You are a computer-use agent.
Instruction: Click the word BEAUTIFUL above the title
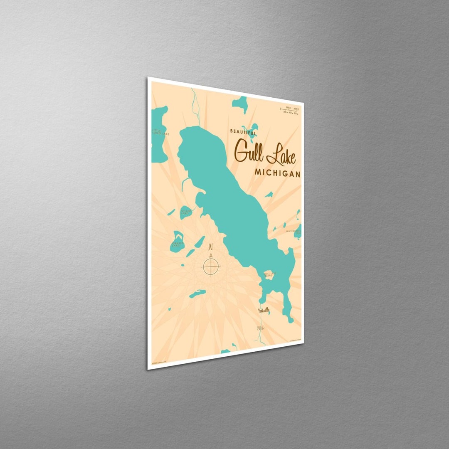click(x=243, y=132)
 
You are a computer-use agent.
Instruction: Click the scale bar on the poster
click(x=290, y=110)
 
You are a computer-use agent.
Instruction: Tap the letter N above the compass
click(x=211, y=247)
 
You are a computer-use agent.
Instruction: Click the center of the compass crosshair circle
click(x=211, y=267)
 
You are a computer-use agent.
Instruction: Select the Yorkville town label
click(x=264, y=311)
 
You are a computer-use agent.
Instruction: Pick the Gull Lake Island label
click(x=269, y=274)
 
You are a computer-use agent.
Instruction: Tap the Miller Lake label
click(x=185, y=212)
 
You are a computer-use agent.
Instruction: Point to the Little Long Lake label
click(x=155, y=132)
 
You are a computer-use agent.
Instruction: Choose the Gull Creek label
click(x=260, y=328)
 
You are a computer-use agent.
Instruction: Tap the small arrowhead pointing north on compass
click(x=211, y=255)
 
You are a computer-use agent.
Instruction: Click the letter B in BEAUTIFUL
click(x=232, y=131)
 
